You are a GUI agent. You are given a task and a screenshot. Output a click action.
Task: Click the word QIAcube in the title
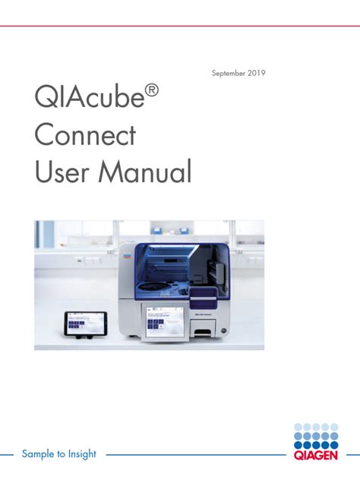point(84,99)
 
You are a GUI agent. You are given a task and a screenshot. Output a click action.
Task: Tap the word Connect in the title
point(85,136)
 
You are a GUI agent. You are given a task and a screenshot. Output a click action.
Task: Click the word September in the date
point(229,74)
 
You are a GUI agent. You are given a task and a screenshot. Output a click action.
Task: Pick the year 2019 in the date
point(256,74)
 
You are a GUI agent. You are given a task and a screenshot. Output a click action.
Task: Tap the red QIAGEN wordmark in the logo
point(320,456)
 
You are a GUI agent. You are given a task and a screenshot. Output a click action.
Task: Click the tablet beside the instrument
point(86,324)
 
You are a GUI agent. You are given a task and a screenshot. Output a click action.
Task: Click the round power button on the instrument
point(223,329)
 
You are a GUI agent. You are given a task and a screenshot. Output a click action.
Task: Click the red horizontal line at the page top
point(180,26)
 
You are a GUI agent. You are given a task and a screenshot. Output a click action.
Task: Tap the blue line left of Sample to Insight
point(8,455)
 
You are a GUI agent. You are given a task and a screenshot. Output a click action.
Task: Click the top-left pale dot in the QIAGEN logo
point(298,427)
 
